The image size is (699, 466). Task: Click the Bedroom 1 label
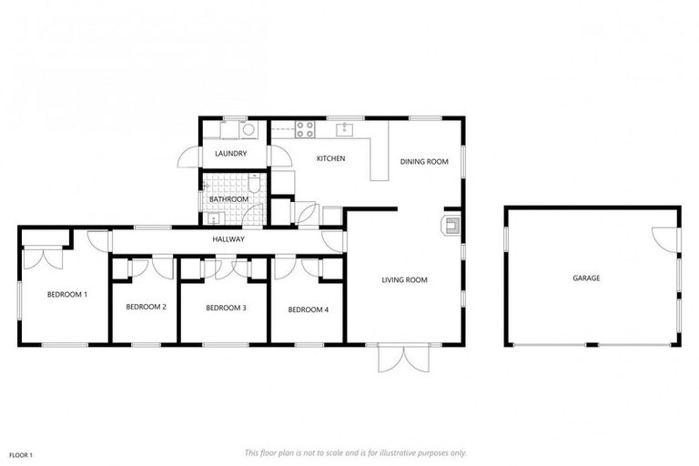67,294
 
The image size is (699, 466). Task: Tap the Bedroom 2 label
146,308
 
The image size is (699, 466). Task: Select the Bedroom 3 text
226,308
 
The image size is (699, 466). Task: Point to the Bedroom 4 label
308,309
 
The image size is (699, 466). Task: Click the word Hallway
228,239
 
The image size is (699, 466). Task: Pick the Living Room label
404,279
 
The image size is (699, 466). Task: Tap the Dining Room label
424,162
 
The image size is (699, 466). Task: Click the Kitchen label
330,159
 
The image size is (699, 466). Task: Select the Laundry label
231,154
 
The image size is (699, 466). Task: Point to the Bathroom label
228,198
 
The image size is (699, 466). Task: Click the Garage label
585,277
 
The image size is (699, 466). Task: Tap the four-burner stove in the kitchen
304,128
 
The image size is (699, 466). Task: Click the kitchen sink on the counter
345,129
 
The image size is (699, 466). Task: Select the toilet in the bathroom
258,187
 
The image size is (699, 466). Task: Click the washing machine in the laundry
250,129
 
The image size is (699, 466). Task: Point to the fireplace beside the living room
451,225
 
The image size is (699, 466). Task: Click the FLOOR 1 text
20,453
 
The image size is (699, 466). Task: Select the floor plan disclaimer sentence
355,452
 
